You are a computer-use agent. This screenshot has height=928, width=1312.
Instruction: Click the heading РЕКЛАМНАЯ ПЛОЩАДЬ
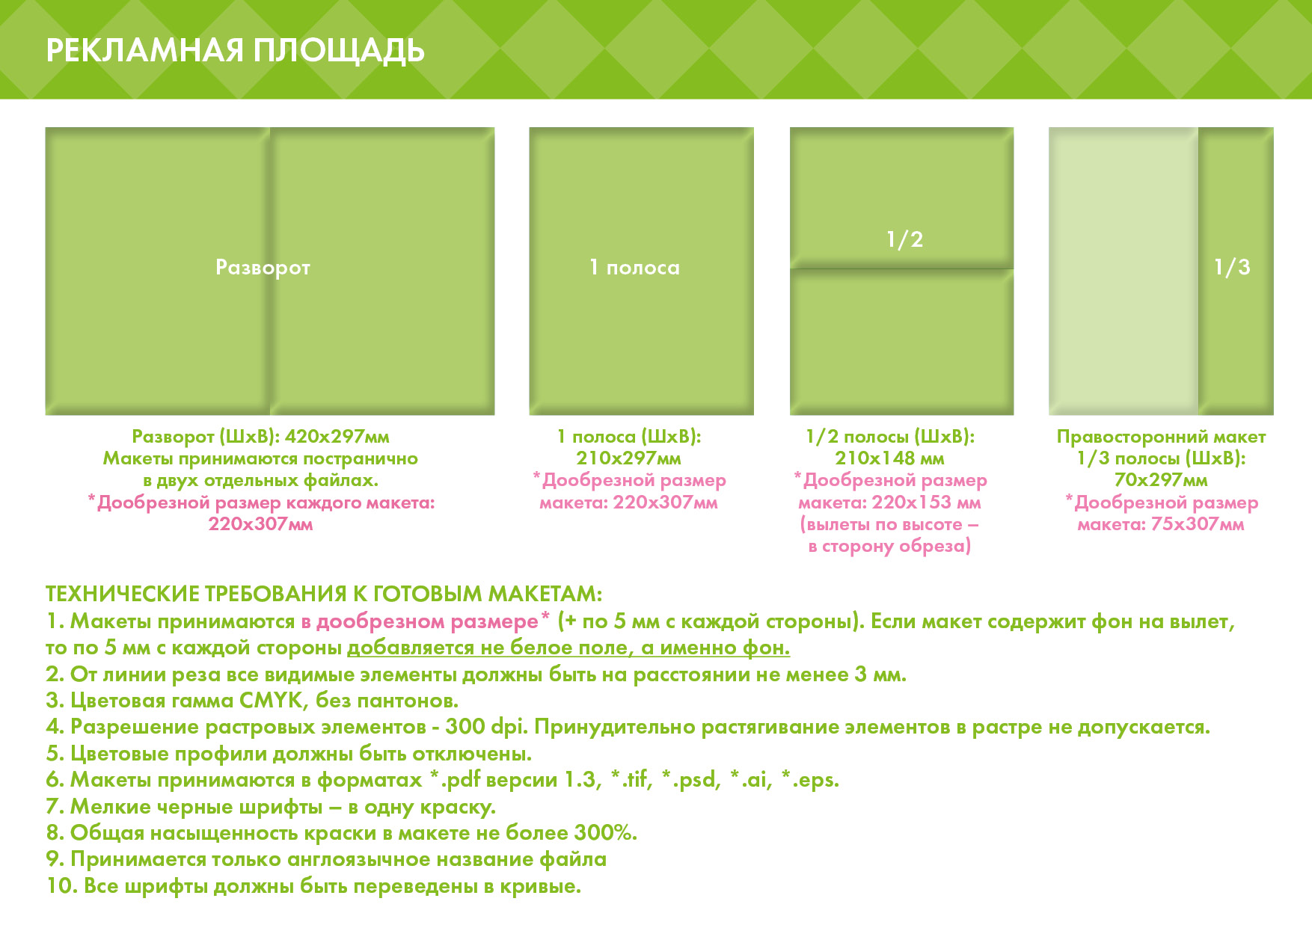tap(236, 51)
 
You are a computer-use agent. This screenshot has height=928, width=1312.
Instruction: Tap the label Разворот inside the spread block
tap(263, 268)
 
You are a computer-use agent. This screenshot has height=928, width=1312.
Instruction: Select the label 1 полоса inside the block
tap(635, 267)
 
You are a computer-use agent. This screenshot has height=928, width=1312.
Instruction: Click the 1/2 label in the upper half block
tap(904, 239)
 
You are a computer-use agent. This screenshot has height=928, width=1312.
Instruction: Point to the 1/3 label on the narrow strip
tap(1232, 267)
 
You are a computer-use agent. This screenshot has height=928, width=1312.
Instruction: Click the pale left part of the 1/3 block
tap(1124, 271)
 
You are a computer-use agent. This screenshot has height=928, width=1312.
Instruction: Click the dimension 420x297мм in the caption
tap(337, 436)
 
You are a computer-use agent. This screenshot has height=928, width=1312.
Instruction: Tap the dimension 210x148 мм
tap(890, 458)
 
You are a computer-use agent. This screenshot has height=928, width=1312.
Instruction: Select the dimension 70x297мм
tap(1161, 479)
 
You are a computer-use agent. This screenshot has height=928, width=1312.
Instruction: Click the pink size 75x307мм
tap(1198, 523)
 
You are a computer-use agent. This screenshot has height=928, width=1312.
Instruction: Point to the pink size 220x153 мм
tap(926, 502)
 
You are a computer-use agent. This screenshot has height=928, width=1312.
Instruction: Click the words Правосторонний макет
tap(1161, 436)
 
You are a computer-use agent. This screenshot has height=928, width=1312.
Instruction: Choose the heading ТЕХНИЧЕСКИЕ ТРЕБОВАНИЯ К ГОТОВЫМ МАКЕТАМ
tap(324, 594)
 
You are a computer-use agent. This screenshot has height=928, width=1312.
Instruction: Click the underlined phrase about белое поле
tap(568, 648)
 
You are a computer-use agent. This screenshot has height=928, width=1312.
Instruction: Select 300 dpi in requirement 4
tap(486, 727)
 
